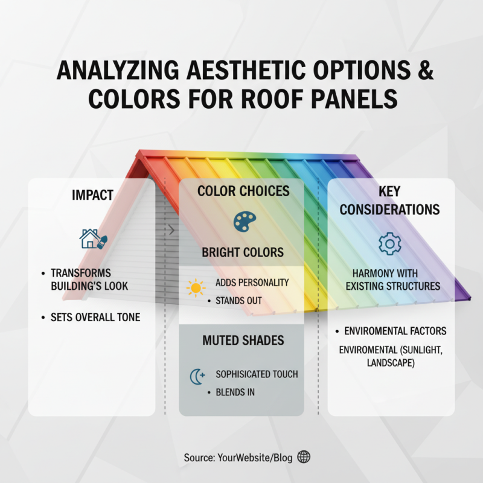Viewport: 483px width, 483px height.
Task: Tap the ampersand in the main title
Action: (426, 71)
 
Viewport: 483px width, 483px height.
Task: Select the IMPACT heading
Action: (92, 196)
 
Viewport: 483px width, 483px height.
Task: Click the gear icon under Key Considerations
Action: (389, 243)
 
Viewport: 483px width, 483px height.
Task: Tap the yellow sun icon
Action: (196, 288)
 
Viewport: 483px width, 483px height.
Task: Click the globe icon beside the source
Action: (304, 457)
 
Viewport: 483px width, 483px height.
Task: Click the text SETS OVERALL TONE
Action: (95, 317)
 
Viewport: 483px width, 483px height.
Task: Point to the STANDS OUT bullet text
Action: (239, 300)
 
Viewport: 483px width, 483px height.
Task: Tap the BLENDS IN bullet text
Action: (235, 392)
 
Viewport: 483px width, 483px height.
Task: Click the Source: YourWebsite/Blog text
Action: (238, 458)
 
